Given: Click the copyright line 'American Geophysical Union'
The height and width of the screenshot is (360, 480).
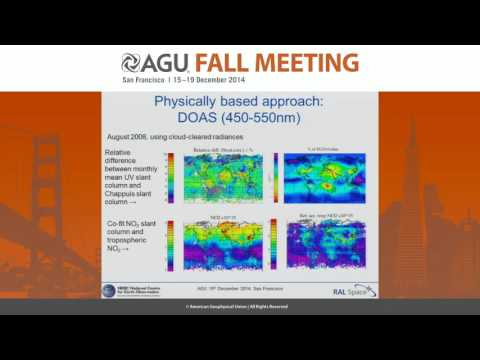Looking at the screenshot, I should [x=239, y=305].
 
